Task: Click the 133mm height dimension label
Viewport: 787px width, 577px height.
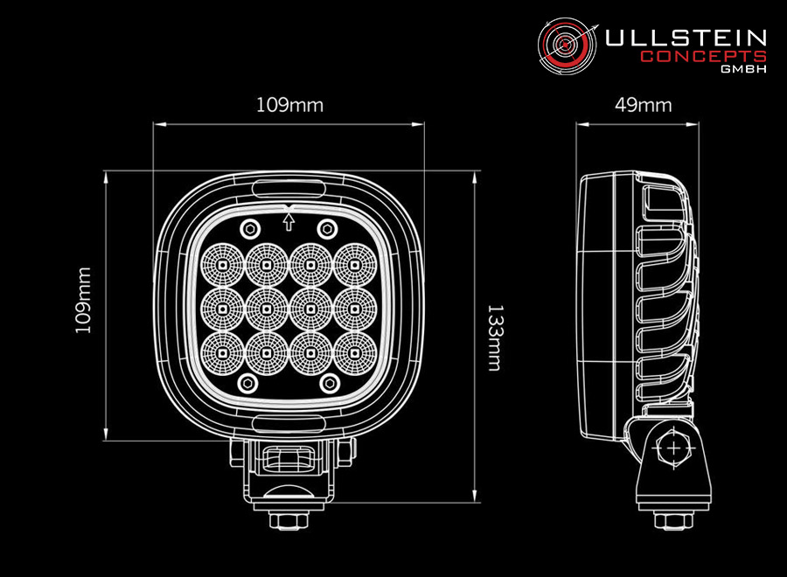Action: point(495,337)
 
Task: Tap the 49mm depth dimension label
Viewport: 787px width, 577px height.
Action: point(643,105)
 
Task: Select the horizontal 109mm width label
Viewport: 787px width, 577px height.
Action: point(289,105)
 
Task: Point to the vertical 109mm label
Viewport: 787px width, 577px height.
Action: point(83,300)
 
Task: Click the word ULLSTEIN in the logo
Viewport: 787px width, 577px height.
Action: point(686,38)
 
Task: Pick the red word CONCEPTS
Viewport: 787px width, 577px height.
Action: point(704,56)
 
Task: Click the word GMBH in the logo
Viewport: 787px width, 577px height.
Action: point(744,69)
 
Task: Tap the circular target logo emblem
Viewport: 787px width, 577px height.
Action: point(566,45)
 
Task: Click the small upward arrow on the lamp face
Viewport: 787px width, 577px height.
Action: point(288,221)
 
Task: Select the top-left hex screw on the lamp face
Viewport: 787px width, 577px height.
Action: point(250,230)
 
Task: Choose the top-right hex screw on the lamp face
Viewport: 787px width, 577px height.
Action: point(327,230)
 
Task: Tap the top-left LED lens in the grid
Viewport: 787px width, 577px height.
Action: point(223,264)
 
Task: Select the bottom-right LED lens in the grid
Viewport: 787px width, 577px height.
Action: point(355,352)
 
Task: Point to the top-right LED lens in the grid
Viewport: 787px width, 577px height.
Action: point(355,264)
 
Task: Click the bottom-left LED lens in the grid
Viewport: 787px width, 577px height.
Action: point(223,352)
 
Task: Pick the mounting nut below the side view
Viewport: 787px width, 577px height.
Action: point(673,520)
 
